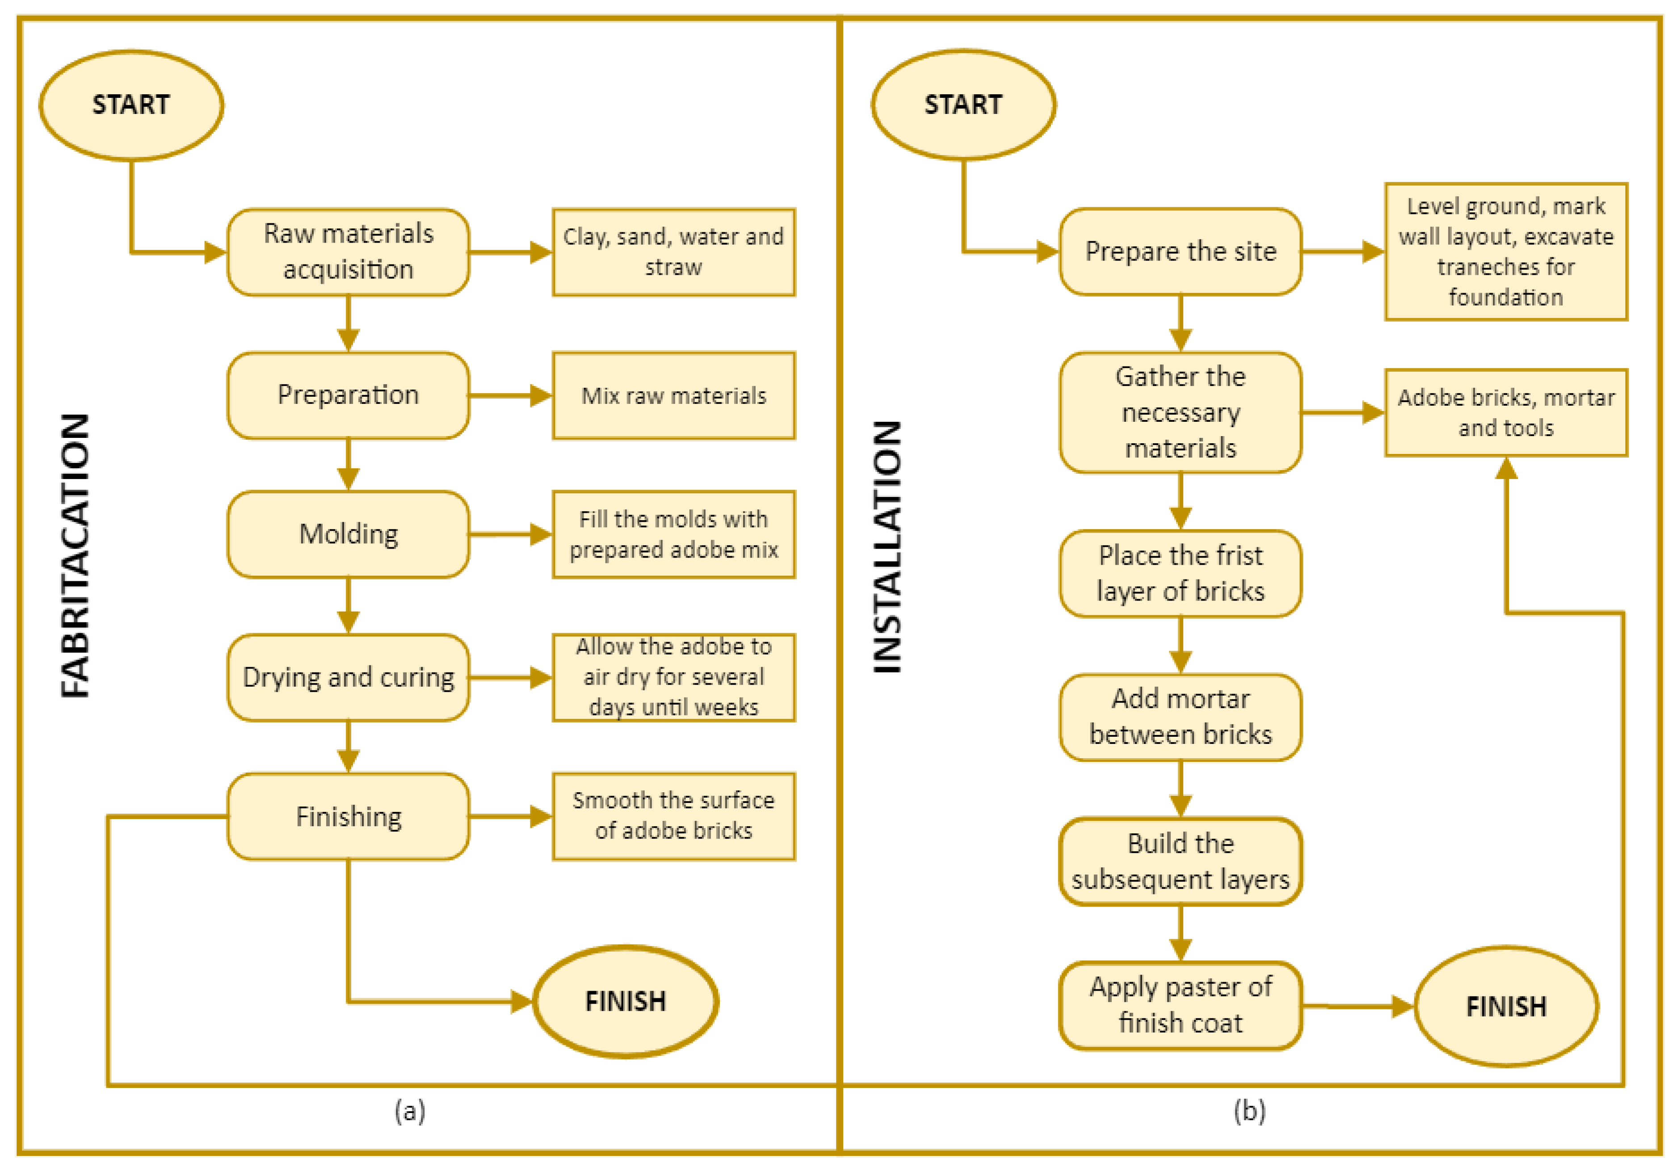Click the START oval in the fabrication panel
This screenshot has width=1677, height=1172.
131,105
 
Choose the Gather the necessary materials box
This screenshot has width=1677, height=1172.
1180,412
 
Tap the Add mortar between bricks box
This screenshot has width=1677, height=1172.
1180,716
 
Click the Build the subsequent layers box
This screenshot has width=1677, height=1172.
1180,861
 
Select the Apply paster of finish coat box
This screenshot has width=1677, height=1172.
1180,1005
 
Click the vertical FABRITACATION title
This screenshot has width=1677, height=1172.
75,555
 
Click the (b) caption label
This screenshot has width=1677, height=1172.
1249,1111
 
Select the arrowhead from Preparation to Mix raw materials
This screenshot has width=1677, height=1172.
541,396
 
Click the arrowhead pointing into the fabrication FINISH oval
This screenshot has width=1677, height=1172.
521,1001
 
